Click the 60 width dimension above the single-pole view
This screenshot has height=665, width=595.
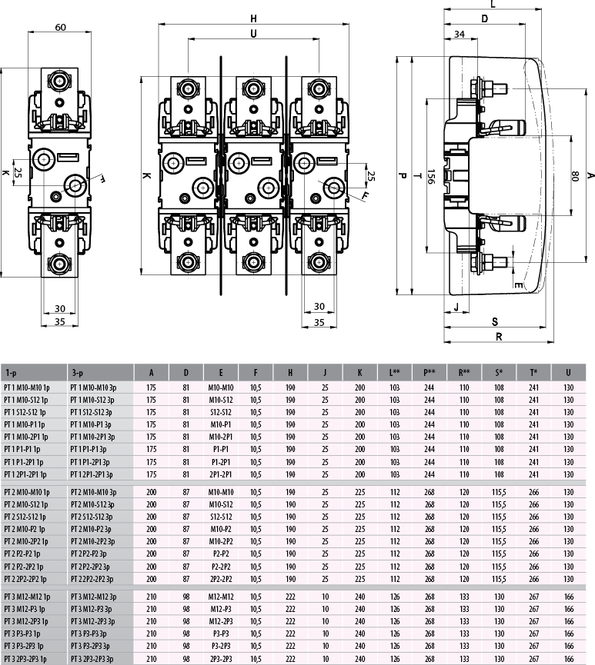click(x=61, y=28)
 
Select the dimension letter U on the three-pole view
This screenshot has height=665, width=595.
click(x=253, y=34)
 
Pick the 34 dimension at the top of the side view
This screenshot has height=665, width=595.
click(x=459, y=34)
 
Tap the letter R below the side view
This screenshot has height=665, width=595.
click(x=499, y=336)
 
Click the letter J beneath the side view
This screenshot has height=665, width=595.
click(x=456, y=308)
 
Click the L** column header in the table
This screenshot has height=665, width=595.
click(x=395, y=373)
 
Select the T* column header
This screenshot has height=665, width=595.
click(x=533, y=373)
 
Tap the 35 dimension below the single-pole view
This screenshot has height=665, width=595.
click(x=59, y=322)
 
